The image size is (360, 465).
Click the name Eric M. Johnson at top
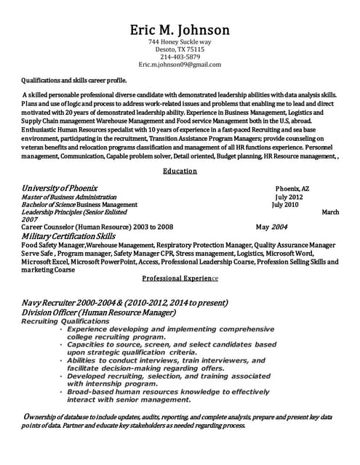(x=180, y=30)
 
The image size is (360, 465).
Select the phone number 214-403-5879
(x=180, y=57)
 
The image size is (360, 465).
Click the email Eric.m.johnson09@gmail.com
(x=180, y=65)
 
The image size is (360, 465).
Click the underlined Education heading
(x=180, y=171)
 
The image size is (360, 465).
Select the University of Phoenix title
(x=60, y=187)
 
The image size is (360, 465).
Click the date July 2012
(x=289, y=197)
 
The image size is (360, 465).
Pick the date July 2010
(x=285, y=204)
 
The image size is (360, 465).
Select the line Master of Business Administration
(x=69, y=197)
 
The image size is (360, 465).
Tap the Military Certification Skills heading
(x=68, y=236)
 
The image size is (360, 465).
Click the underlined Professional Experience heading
(x=180, y=278)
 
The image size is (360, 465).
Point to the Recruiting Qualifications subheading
(x=65, y=321)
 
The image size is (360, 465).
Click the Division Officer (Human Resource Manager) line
(x=98, y=312)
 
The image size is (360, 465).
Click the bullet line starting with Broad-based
(x=167, y=391)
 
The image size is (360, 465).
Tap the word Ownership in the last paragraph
(x=44, y=417)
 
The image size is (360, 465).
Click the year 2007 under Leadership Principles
(x=30, y=219)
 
